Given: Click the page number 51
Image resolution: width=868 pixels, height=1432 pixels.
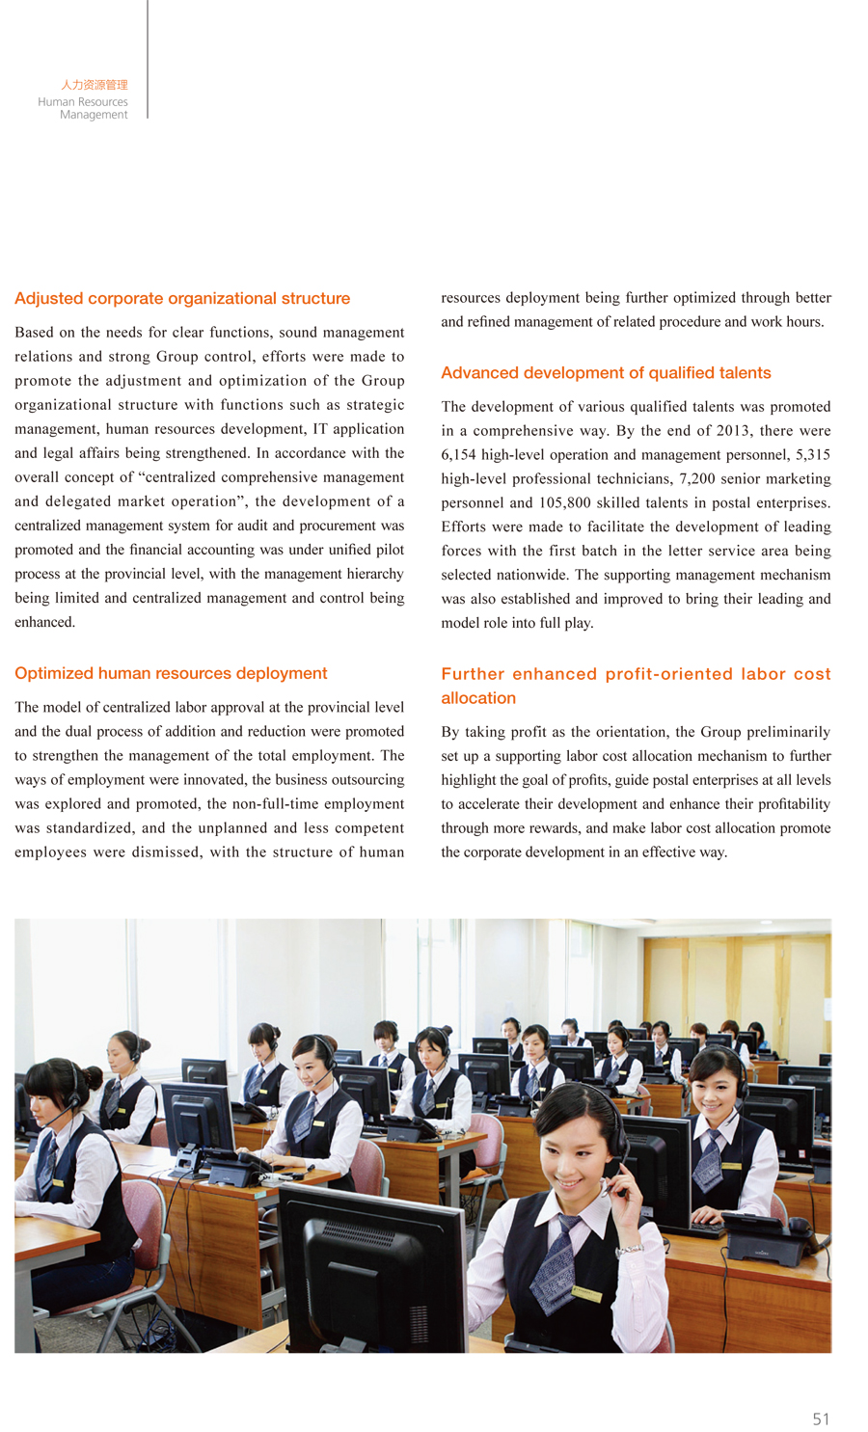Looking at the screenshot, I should coord(821,1418).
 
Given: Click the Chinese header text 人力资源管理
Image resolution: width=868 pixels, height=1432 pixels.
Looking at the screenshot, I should coord(94,85).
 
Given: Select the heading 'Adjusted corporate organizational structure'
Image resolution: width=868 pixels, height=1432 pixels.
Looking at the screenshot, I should coord(182,299).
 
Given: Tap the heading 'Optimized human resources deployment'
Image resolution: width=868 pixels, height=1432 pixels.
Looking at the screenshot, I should coord(171,673).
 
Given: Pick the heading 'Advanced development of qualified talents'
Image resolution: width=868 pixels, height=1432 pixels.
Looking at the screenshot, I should coord(606,373).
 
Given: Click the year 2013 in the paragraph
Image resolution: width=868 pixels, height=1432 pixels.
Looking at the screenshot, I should coord(732,430).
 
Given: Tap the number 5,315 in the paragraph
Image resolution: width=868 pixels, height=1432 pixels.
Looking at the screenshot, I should coord(813,454).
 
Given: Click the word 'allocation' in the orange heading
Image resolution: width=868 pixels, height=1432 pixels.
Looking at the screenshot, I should coord(478,698).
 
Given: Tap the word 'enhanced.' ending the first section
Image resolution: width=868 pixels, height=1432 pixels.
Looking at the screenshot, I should coord(44,622).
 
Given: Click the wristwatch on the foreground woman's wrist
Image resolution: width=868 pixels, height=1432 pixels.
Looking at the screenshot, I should coord(629,1249).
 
